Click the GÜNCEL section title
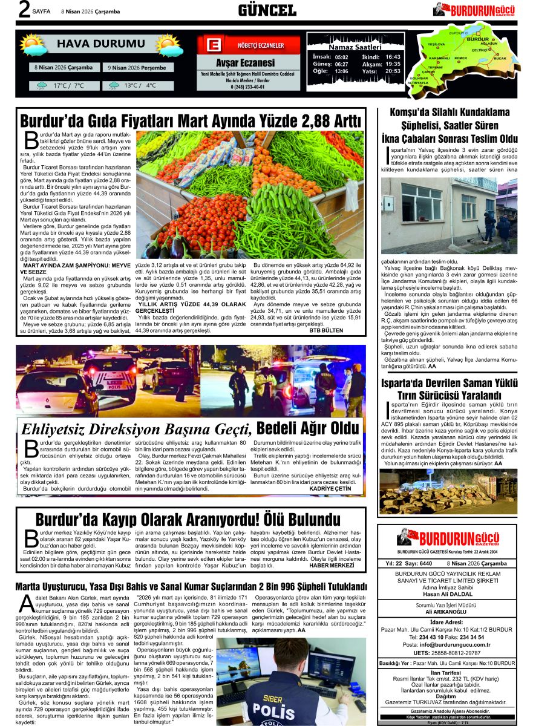(x=267, y=10)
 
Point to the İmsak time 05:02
(x=341, y=57)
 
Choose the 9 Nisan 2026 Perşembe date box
(x=137, y=68)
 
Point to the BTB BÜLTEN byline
(x=326, y=330)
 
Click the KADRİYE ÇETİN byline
(x=333, y=488)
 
